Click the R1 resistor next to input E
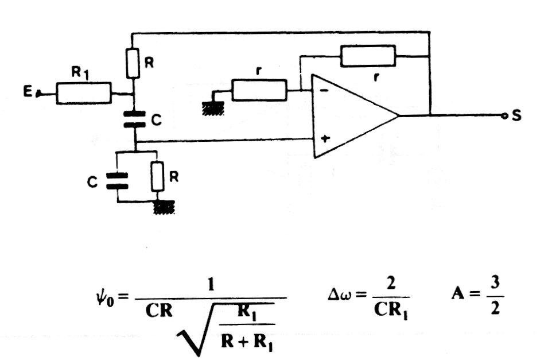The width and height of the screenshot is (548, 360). point(84,93)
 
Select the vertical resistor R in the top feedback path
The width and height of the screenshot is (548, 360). point(133,63)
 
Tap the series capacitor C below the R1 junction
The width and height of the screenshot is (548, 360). point(134,119)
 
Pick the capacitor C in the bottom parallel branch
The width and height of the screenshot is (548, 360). point(118,180)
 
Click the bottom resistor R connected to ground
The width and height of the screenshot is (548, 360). point(158,176)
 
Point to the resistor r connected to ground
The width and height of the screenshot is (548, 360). point(259,90)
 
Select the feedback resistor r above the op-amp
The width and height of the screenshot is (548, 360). point(368,56)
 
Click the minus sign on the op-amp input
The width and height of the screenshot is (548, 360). point(324,91)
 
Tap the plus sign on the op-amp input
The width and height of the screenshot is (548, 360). point(325,138)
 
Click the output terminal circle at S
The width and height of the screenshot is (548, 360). point(504,116)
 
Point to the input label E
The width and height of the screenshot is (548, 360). point(28,92)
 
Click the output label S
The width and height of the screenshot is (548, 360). point(516,115)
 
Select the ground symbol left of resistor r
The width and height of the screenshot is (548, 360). point(213,109)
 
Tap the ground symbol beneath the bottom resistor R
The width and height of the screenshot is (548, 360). point(164,207)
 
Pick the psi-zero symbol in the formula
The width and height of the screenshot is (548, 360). point(104,299)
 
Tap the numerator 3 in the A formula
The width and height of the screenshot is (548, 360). point(495,282)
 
